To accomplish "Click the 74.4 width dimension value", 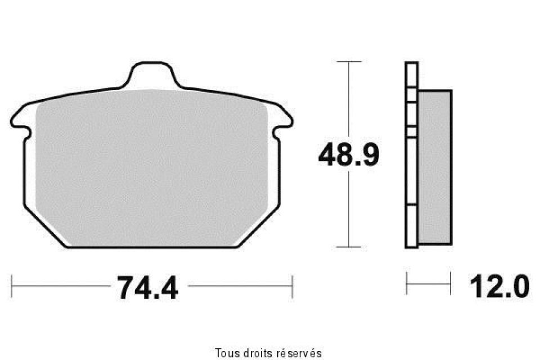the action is pos(148,287).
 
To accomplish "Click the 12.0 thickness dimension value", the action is pos(499,286).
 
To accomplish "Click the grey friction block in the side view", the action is pos(435,167).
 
